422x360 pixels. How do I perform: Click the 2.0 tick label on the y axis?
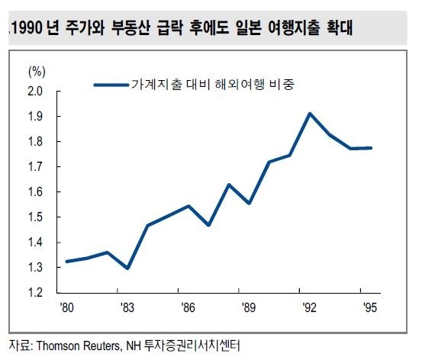[35, 92]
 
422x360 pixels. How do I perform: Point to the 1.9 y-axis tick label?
[35, 117]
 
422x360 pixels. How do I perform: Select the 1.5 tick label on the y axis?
[35, 217]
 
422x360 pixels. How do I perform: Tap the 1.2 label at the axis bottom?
[35, 292]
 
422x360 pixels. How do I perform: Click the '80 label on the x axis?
[66, 307]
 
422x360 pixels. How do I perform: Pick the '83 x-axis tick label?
[127, 307]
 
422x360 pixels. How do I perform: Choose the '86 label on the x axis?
[188, 307]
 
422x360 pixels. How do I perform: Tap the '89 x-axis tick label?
[249, 307]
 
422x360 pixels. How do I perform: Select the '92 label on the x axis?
[309, 307]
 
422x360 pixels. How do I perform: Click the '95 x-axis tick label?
[370, 307]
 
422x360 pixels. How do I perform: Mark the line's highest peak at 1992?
[310, 114]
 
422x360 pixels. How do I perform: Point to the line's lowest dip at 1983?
[127, 268]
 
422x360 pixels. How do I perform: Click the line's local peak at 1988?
[229, 185]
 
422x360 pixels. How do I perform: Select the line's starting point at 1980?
[66, 262]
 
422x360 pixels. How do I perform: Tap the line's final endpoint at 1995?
[371, 148]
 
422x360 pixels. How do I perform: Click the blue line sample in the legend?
[111, 85]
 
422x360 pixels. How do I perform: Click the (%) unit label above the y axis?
[37, 72]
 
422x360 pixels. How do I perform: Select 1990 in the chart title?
[27, 27]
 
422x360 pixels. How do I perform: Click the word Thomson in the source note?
[59, 346]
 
